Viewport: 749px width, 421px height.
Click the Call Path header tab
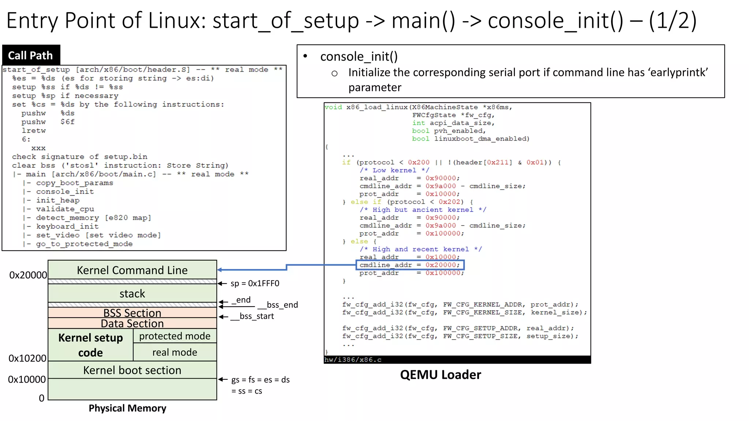[31, 55]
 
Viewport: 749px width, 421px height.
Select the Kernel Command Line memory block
[132, 270]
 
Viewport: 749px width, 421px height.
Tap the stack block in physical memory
[132, 293]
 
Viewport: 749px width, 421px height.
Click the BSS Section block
[132, 313]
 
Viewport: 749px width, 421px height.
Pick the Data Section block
[132, 323]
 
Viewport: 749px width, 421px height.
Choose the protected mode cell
[175, 336]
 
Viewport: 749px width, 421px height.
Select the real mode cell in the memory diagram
[175, 352]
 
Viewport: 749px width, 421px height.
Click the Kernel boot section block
[132, 370]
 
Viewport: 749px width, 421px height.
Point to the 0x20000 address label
[28, 275]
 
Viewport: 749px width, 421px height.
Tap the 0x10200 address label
[27, 358]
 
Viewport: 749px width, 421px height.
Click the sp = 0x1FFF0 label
[255, 284]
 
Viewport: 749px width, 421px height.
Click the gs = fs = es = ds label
[260, 380]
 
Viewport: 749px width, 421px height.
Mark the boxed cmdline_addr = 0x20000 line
[410, 265]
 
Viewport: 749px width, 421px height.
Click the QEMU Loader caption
[440, 375]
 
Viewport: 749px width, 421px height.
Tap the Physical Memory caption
[127, 408]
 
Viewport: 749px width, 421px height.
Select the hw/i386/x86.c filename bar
[457, 360]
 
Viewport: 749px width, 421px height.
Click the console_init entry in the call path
[65, 191]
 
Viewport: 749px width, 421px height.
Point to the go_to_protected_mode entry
[84, 244]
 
